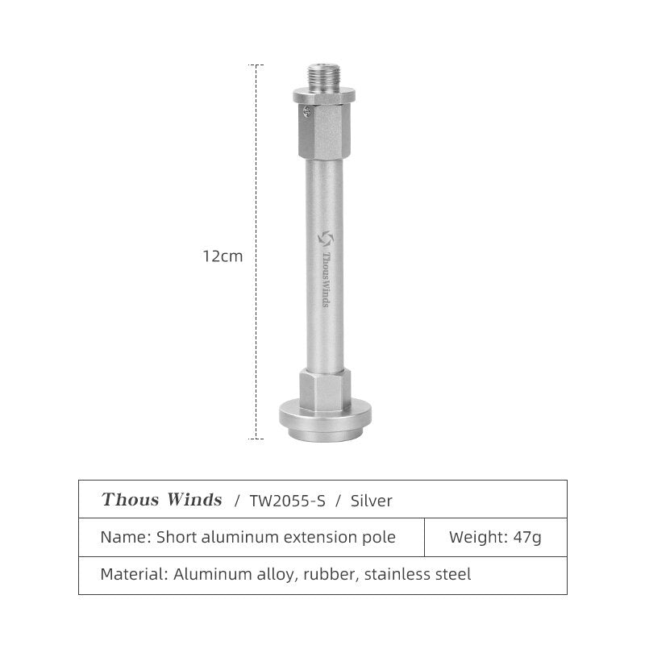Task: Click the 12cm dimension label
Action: point(223,256)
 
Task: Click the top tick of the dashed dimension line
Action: point(256,65)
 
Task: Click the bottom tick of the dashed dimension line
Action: point(256,439)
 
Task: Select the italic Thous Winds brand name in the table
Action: point(161,500)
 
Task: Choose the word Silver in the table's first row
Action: point(372,501)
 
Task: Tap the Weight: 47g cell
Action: point(495,537)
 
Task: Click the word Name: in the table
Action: point(125,537)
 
